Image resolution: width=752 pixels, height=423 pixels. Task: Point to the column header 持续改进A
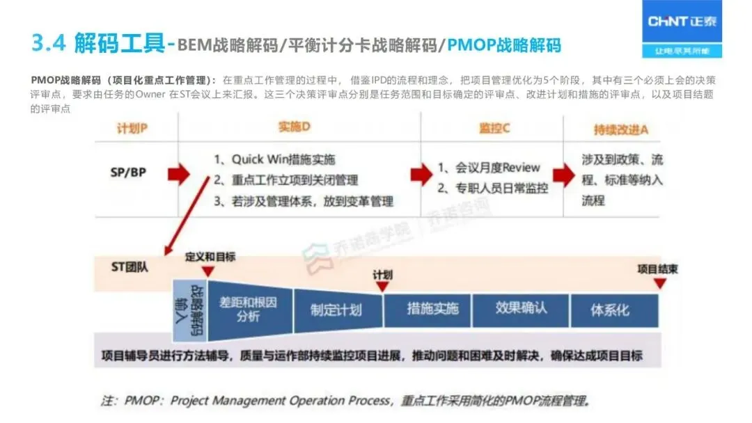pyautogui.click(x=622, y=129)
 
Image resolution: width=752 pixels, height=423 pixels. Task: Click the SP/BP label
pyautogui.click(x=129, y=171)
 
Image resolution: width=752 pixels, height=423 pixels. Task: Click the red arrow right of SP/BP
pyautogui.click(x=178, y=174)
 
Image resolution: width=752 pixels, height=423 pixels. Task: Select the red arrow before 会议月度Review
pyautogui.click(x=421, y=175)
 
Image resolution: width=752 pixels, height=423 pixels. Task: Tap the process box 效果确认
pyautogui.click(x=521, y=308)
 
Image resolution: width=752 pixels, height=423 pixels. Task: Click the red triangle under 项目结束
pyautogui.click(x=659, y=283)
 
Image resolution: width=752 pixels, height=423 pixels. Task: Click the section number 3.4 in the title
pyautogui.click(x=49, y=44)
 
